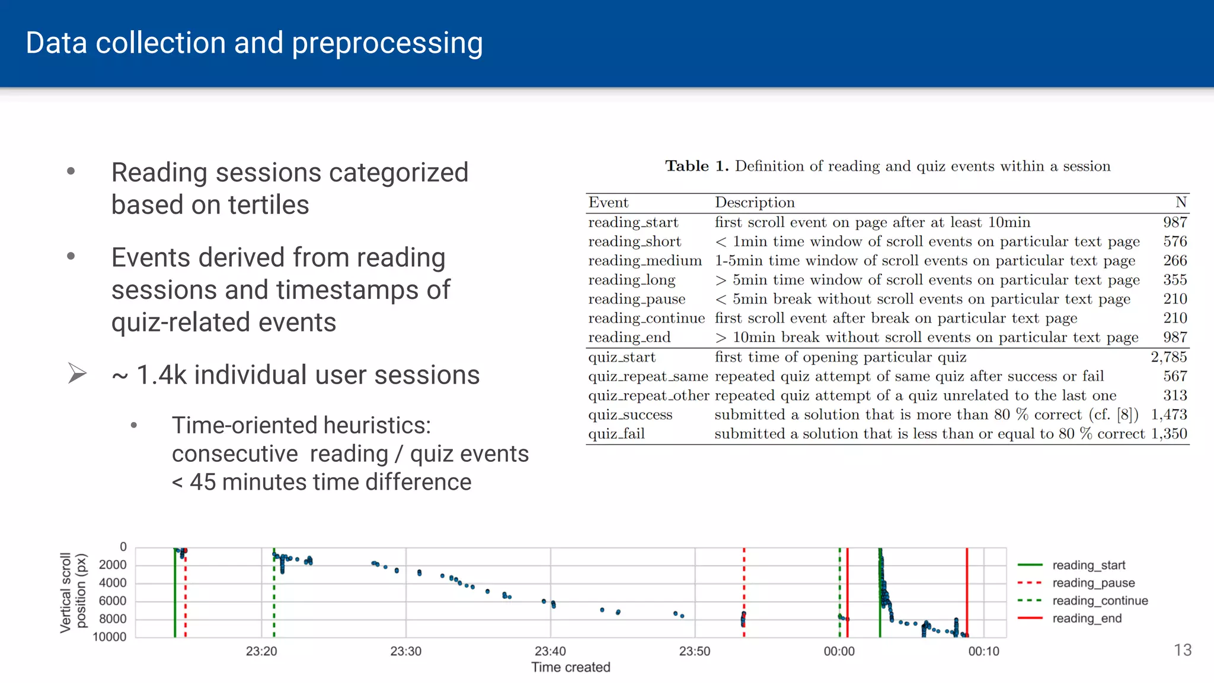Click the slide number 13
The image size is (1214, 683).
pos(1182,650)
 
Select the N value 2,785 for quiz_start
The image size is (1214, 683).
pos(1168,357)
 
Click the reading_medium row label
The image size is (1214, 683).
pos(644,261)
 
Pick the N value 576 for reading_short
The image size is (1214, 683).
pos(1174,241)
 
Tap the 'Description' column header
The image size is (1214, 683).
pos(754,203)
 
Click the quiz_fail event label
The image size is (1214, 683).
pos(616,434)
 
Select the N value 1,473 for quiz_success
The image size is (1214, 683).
pos(1168,414)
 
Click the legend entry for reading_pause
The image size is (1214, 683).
pos(1093,583)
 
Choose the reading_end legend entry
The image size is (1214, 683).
pos(1087,618)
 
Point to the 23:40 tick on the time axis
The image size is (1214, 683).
pos(550,651)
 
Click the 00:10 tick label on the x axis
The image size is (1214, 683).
pos(983,651)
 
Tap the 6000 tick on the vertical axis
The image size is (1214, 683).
pos(112,601)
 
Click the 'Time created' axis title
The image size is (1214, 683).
pos(570,668)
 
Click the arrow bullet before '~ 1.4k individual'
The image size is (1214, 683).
pos(77,374)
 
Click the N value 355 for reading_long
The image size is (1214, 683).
pos(1174,280)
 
